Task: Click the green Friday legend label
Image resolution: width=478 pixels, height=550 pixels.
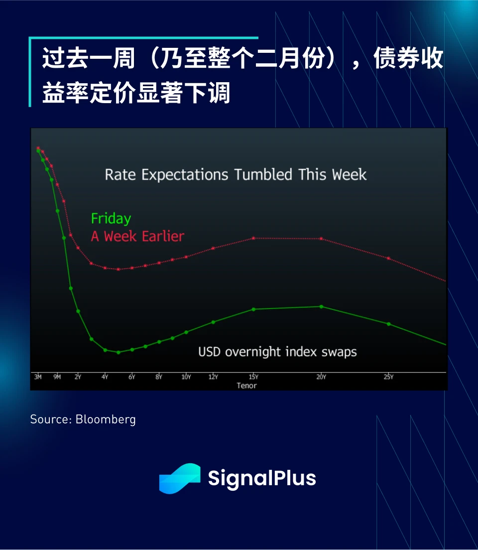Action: tap(111, 219)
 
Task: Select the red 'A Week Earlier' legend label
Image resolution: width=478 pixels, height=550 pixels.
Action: tap(137, 237)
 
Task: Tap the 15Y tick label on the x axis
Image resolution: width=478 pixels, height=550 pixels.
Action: tap(253, 377)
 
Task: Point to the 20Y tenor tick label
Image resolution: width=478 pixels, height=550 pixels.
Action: tap(321, 377)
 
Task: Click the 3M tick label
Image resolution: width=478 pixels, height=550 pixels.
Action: tap(38, 377)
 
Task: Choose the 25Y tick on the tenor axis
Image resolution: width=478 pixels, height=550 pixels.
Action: tap(388, 377)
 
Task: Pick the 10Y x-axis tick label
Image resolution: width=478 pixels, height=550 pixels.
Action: tap(186, 377)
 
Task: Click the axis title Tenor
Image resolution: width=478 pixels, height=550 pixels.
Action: tap(246, 386)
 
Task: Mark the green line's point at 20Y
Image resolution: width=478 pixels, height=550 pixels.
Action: tap(321, 307)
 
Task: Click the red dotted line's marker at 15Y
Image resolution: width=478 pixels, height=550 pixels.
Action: tap(253, 239)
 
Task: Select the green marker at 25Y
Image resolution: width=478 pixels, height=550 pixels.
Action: tap(388, 324)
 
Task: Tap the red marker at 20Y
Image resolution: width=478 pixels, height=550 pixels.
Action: tap(321, 239)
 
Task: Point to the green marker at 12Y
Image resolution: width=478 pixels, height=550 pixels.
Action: tap(213, 322)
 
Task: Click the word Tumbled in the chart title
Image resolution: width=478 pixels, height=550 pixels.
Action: tap(263, 174)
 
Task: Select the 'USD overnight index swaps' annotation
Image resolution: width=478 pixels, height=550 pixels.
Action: tap(277, 352)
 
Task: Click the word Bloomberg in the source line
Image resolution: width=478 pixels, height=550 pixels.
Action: tap(106, 419)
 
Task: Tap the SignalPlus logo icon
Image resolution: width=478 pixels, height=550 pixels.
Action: tap(180, 478)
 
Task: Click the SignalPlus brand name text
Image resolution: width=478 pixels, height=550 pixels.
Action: tap(262, 478)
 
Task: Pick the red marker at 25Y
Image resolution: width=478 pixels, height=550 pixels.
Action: tap(388, 259)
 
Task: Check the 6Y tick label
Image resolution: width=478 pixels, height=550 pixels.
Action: tap(132, 377)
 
